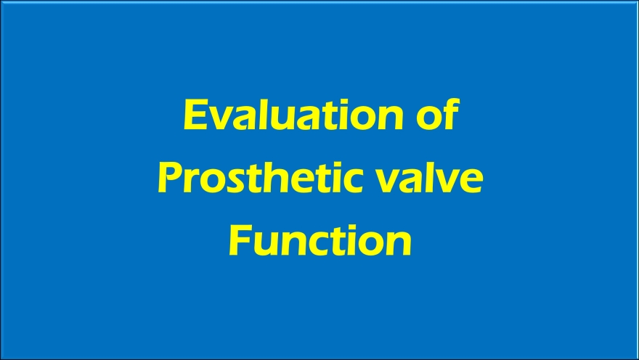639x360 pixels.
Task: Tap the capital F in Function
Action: pos(240,241)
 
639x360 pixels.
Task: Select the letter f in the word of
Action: pos(451,114)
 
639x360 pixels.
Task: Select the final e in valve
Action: pos(472,181)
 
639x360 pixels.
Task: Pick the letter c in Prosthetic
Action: pos(351,181)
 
